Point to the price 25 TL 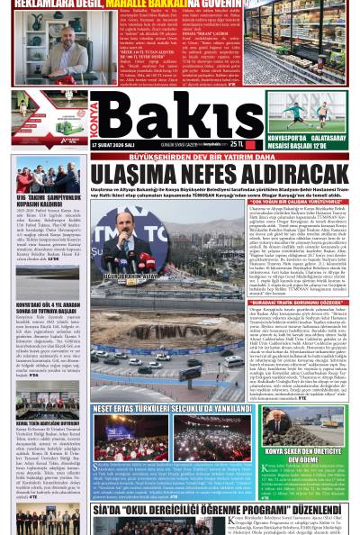tap(237, 143)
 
